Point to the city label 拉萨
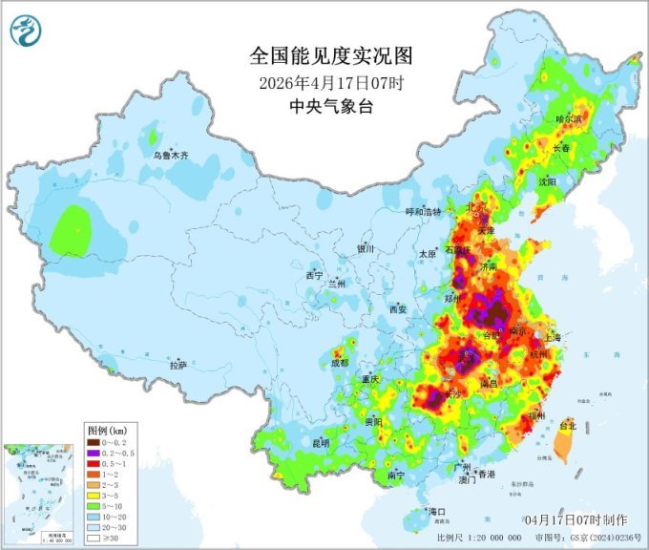178,365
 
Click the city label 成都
339,363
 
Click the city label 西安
398,309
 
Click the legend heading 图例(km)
110,431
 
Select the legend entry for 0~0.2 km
113,442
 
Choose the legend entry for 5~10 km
113,505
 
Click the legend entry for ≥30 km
113,537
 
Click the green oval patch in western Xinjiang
72,230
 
